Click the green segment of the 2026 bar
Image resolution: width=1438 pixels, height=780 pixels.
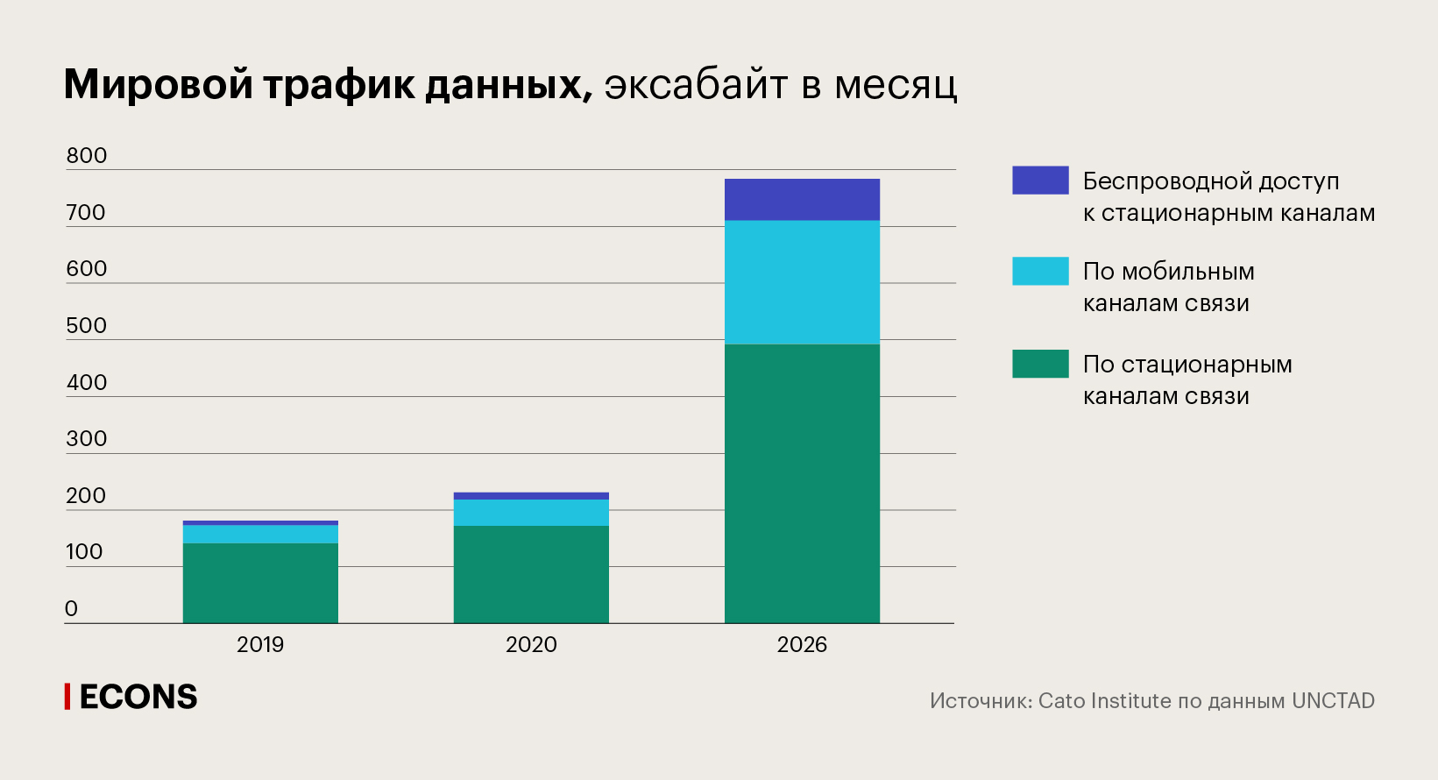point(802,483)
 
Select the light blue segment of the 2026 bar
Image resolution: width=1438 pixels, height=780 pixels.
point(802,281)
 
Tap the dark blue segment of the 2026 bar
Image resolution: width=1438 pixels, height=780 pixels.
point(802,200)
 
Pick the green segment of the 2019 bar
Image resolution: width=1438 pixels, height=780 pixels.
point(260,583)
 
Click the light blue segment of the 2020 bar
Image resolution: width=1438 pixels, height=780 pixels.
point(531,513)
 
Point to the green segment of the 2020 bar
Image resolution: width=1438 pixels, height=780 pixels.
point(531,574)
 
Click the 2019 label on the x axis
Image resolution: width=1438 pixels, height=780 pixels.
point(260,645)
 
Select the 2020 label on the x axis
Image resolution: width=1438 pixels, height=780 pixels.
point(531,645)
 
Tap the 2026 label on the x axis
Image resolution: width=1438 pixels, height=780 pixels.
point(802,645)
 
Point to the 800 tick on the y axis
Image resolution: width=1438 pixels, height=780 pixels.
point(87,156)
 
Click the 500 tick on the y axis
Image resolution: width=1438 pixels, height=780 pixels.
point(87,326)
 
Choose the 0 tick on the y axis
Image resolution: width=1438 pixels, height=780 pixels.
point(72,609)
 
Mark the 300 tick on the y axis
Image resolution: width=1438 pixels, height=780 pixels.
point(87,439)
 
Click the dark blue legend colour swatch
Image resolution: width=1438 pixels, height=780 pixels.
point(1040,180)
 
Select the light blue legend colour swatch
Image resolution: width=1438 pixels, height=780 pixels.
point(1040,271)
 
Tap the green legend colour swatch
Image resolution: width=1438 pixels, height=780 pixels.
point(1040,364)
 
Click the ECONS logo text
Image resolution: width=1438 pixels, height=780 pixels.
point(138,698)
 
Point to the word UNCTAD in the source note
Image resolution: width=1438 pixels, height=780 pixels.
point(1333,701)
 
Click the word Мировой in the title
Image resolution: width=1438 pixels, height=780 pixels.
point(159,85)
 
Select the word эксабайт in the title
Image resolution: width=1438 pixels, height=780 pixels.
point(697,85)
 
